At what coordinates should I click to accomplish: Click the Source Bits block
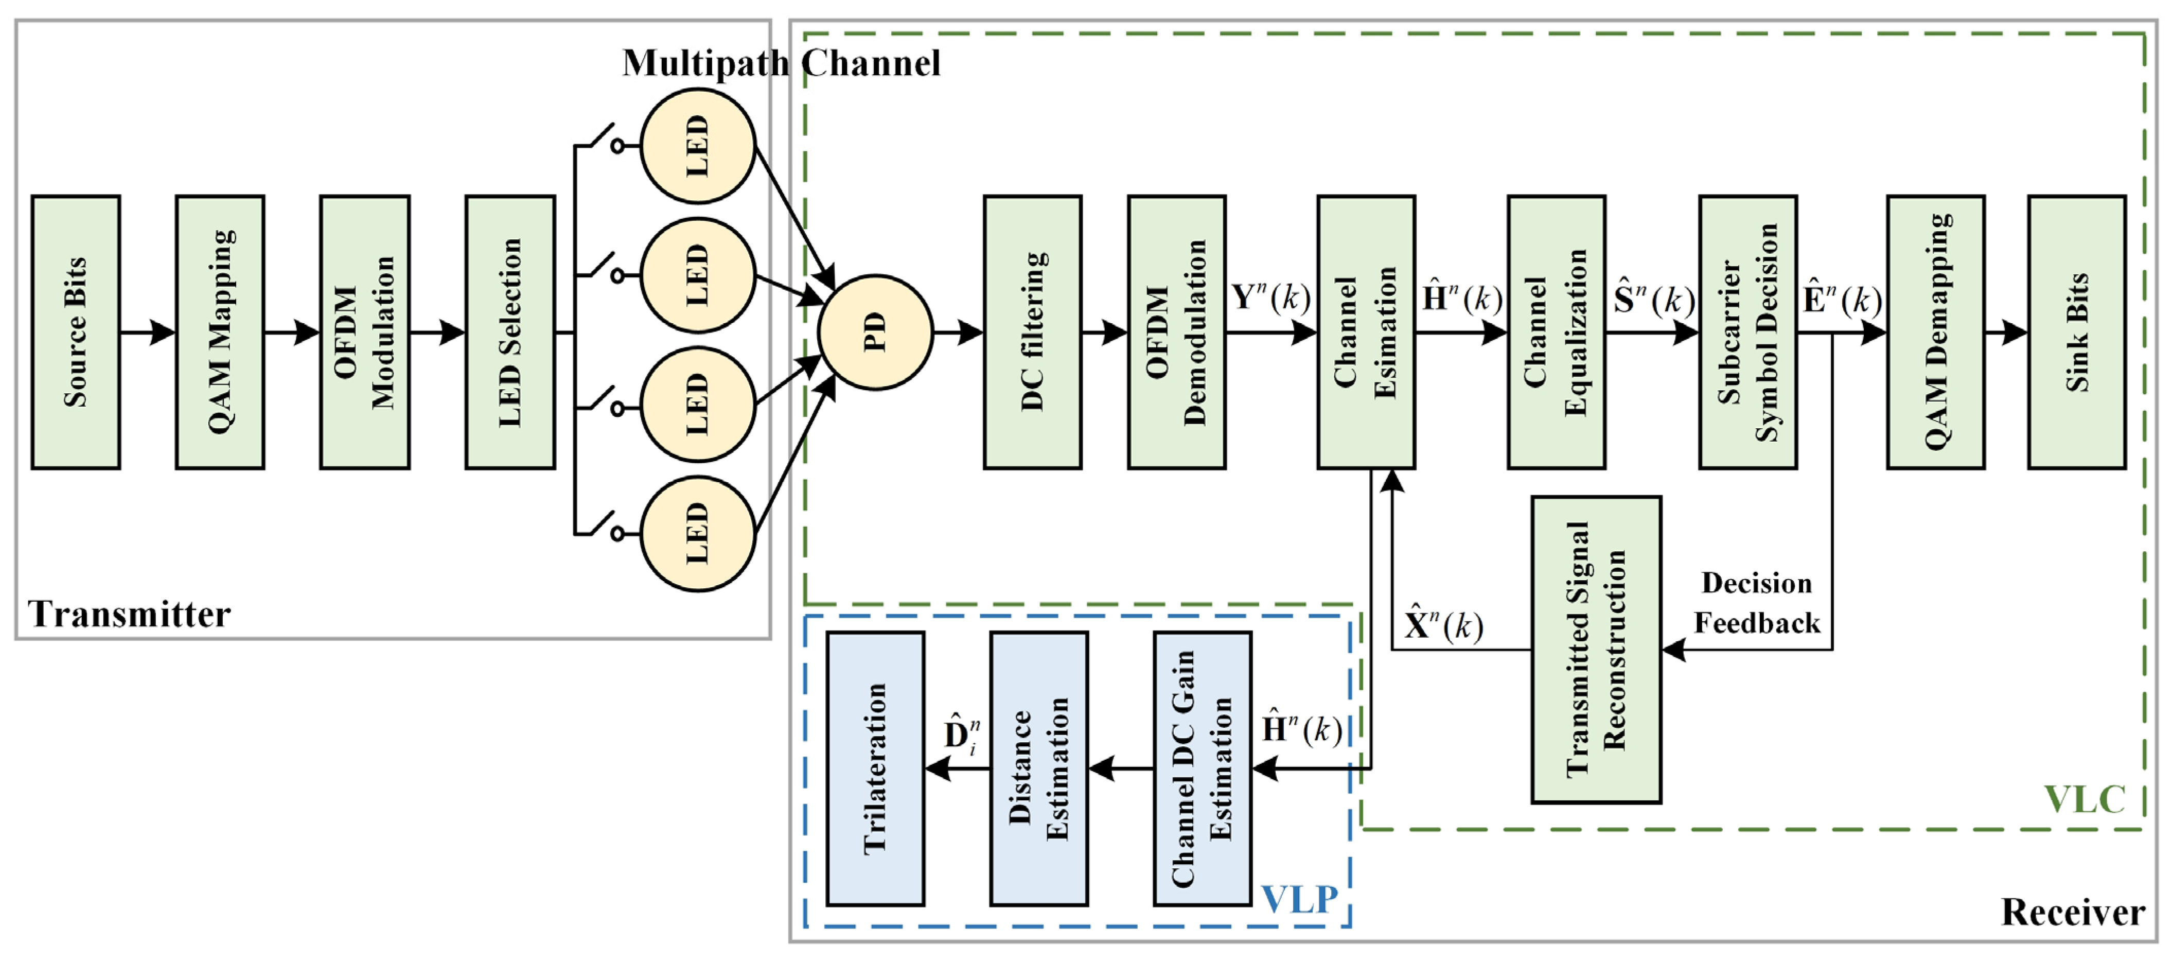point(76,332)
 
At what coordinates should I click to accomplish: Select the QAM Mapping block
point(220,332)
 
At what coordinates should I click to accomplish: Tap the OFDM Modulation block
point(365,332)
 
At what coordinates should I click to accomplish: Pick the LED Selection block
point(510,332)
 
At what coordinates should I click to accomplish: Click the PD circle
point(875,332)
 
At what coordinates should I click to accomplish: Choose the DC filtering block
point(1033,332)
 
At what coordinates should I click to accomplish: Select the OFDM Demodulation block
point(1177,332)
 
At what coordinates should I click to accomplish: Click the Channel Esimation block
point(1366,332)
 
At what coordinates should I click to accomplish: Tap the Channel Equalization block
point(1557,332)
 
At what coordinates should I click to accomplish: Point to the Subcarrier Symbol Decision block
point(1748,332)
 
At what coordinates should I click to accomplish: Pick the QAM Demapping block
point(1936,332)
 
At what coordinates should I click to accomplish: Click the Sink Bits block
point(2077,332)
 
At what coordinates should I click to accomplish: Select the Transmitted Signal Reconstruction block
point(1596,649)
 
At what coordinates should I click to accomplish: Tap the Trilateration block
point(875,769)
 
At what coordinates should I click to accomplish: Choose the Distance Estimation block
point(1039,769)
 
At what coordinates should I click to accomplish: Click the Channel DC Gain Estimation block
point(1203,769)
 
